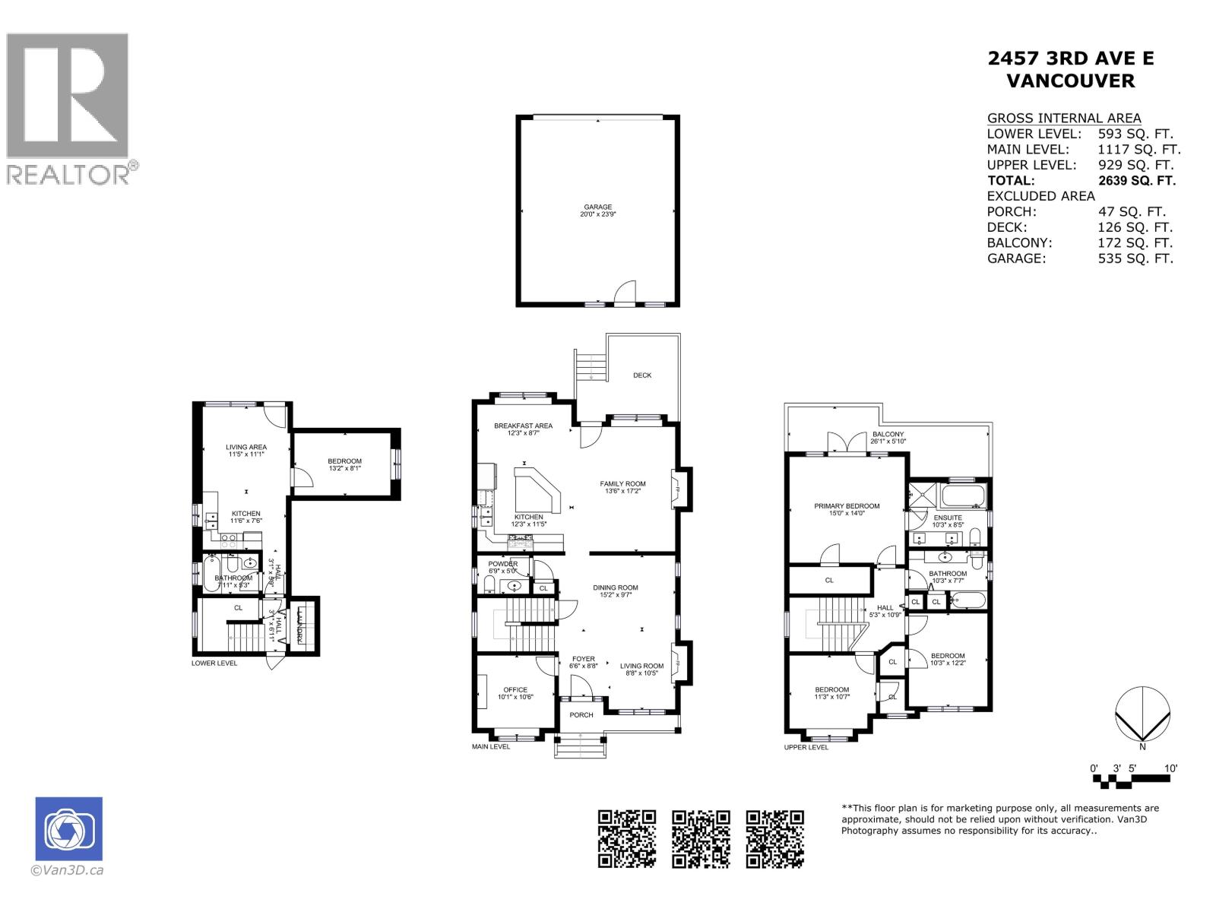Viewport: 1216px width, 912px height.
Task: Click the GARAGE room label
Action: [597, 207]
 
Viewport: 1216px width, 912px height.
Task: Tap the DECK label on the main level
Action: [642, 375]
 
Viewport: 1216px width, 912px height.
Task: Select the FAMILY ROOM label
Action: [622, 483]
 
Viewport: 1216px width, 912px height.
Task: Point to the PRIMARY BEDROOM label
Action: [847, 506]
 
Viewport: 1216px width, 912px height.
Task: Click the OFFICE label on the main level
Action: [515, 690]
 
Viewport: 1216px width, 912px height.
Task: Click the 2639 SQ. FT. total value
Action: [1137, 181]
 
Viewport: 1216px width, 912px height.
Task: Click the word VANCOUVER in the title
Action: [1070, 81]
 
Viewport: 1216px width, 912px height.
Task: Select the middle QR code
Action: [701, 839]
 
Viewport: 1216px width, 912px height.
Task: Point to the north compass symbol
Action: [1142, 714]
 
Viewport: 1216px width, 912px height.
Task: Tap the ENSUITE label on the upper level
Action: [948, 518]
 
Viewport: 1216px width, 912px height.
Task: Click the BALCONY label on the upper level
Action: [888, 435]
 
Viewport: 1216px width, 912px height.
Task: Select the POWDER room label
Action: [502, 564]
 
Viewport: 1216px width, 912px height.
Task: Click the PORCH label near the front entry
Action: [581, 715]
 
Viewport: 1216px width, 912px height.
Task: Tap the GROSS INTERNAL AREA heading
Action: [1063, 118]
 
